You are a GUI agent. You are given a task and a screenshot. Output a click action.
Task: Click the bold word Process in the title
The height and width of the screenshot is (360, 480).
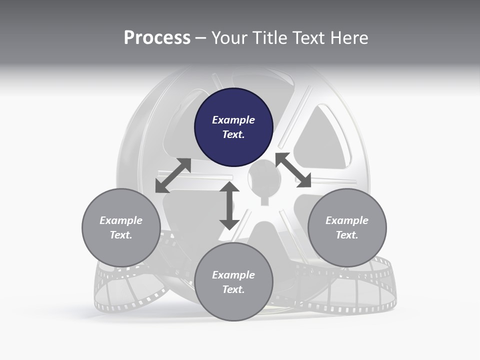point(157,37)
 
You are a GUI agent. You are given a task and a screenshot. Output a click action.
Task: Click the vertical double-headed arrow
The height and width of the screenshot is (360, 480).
point(229,206)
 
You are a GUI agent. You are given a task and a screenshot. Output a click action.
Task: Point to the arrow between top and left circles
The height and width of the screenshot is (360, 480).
point(173,175)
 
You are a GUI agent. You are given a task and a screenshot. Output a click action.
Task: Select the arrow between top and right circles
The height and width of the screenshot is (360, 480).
point(293,170)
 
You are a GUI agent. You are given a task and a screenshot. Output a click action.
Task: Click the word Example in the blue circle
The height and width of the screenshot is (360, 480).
point(233,120)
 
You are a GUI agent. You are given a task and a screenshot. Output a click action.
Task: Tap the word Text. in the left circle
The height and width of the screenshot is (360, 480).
point(121,235)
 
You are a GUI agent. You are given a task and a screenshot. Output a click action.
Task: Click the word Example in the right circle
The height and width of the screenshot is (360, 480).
point(347,220)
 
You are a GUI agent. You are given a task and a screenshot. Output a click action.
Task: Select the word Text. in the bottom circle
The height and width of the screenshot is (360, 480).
point(233,289)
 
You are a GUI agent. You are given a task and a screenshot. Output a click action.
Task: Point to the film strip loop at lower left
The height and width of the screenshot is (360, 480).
point(125,290)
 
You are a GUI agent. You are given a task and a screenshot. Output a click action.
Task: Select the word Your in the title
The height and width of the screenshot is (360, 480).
point(228,37)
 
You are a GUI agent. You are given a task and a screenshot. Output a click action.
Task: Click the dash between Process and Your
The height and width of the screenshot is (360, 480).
point(200,38)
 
